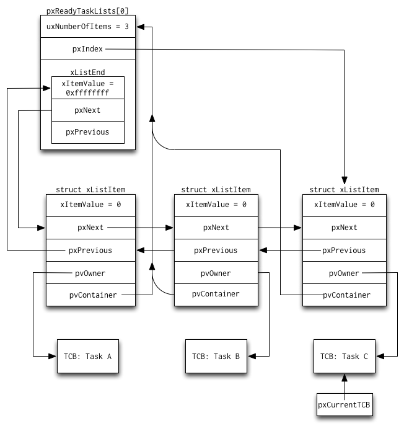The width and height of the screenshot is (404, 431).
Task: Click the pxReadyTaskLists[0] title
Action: [87, 11]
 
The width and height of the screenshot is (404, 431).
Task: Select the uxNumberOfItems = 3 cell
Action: [88, 27]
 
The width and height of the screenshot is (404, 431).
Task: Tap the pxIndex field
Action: [88, 48]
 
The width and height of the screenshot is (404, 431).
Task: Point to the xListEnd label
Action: [87, 73]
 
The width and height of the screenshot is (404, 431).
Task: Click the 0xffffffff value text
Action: [87, 93]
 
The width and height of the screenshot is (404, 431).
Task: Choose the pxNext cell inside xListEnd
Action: [88, 110]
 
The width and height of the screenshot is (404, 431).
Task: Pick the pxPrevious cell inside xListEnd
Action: [88, 132]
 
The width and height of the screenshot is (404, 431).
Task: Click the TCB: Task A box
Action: [88, 356]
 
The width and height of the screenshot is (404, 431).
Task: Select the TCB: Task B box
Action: [216, 356]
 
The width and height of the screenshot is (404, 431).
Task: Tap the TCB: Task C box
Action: [345, 356]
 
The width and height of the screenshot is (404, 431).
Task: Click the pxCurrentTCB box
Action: [345, 404]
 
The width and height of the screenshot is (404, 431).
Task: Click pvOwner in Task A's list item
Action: [90, 273]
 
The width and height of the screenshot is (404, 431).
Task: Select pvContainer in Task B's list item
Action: [216, 295]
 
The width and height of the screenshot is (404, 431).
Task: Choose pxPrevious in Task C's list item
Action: [345, 250]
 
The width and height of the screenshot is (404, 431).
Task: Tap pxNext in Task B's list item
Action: [216, 228]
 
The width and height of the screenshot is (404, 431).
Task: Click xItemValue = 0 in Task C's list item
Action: [345, 205]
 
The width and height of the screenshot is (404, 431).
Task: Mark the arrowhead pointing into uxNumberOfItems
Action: [140, 27]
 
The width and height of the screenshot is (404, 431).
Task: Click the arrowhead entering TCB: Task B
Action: [252, 356]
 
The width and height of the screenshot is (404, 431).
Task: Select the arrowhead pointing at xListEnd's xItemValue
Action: [46, 88]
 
